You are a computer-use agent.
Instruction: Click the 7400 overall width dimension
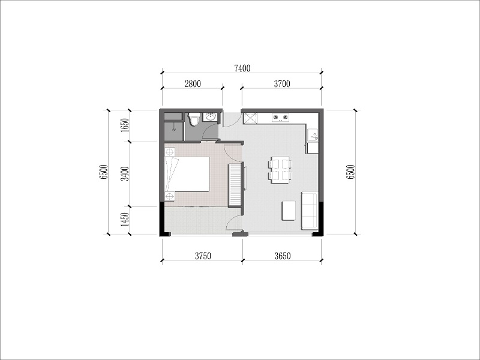coord(242,68)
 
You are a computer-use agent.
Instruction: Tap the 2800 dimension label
coord(193,83)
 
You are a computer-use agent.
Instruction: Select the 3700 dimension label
coord(282,83)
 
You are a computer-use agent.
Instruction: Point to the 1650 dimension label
coord(125,125)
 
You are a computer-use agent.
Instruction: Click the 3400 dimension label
coord(125,173)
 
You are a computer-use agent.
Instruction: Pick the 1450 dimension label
coord(125,220)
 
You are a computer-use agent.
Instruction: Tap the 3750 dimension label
coord(203,256)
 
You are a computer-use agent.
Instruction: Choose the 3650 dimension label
coord(282,256)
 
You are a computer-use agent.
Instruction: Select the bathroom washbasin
coord(210,117)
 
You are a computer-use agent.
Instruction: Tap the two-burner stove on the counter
coord(281,117)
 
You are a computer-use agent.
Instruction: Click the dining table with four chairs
coord(280,170)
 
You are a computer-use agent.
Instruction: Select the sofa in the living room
coord(310,211)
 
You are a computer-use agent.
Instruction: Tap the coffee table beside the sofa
coord(289,211)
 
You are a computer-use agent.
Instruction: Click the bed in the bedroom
coord(187,175)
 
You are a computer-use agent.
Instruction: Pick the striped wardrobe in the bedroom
coord(235,185)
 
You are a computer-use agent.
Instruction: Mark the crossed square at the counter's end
coord(250,118)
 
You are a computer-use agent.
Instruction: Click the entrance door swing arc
coord(230,122)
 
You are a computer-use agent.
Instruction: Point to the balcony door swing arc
coord(233,220)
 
